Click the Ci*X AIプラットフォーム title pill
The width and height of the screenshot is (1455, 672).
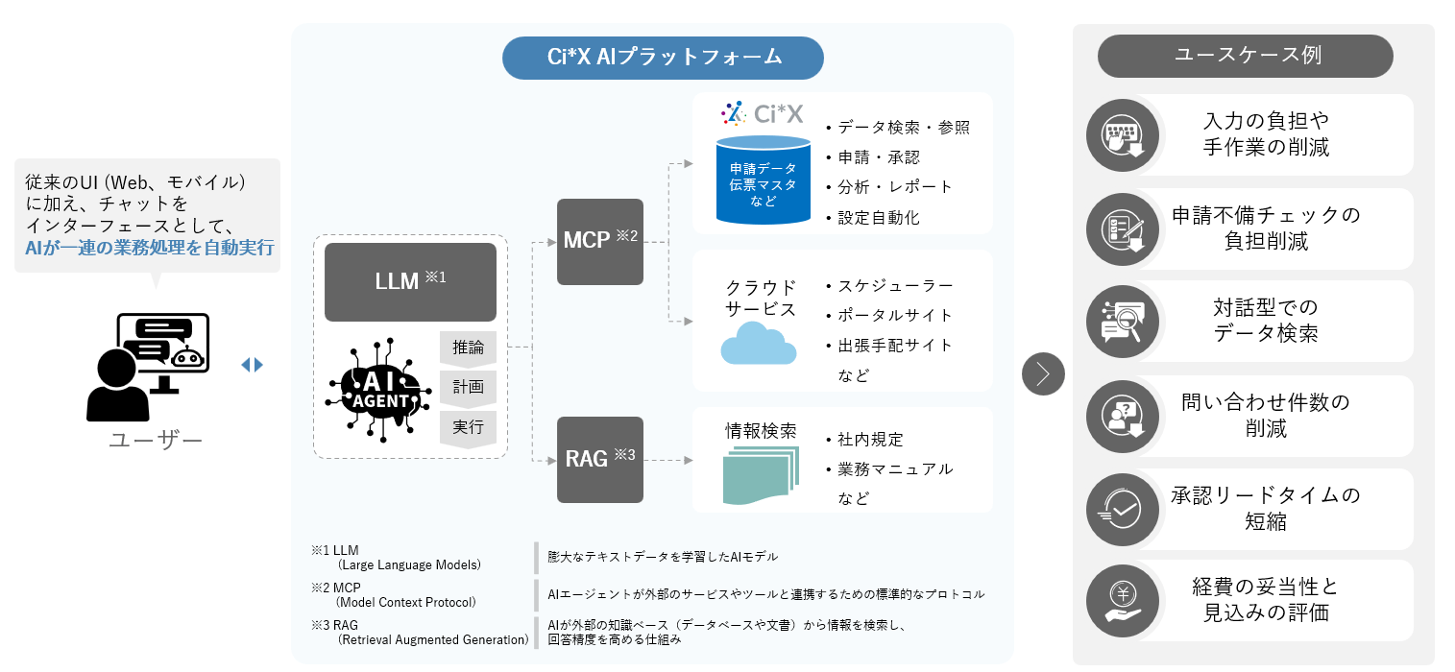tap(663, 58)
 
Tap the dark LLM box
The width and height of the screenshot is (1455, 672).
tap(410, 281)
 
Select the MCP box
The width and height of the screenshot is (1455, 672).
tap(600, 241)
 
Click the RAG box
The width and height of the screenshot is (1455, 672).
tap(600, 459)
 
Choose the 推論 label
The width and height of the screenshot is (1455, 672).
tap(468, 348)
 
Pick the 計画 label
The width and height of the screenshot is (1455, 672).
tap(468, 388)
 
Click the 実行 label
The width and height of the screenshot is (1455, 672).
tap(468, 427)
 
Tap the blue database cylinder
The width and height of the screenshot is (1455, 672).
tap(763, 180)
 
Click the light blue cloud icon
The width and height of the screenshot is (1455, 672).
tap(759, 344)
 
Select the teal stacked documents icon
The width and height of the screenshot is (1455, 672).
tap(760, 477)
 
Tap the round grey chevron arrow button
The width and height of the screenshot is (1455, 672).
tap(1043, 373)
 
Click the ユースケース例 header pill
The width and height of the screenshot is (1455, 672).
tap(1245, 56)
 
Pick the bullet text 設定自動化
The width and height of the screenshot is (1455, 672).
tap(879, 218)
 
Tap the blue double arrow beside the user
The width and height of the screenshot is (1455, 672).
tap(252, 365)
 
